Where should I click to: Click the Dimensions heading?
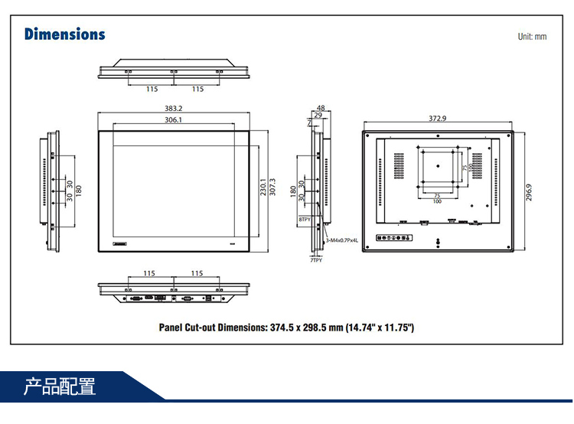64,34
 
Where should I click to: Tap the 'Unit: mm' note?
532,37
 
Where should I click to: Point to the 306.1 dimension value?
173,120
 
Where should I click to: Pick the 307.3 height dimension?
272,188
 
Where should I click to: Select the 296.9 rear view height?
529,191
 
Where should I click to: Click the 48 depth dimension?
320,108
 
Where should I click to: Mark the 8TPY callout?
305,220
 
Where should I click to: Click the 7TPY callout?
316,260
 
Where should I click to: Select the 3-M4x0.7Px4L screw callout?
342,240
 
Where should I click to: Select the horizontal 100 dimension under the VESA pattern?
436,201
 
